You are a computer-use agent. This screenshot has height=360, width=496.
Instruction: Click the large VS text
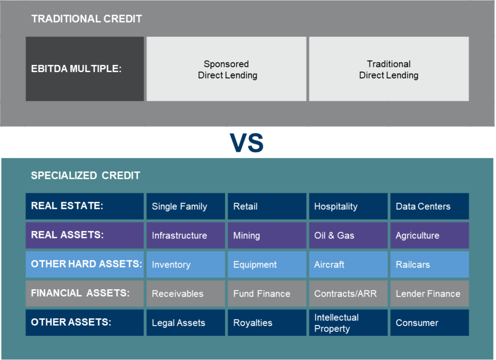coord(247,142)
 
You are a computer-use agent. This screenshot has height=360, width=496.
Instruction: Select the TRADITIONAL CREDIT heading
coord(86,19)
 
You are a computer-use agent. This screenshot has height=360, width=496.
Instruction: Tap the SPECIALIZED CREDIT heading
coord(85,175)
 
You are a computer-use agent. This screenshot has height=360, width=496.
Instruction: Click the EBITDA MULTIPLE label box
coord(85,69)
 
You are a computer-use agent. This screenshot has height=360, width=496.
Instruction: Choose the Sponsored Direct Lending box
coord(227,69)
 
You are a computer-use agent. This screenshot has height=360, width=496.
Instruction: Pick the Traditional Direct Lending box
coord(389,69)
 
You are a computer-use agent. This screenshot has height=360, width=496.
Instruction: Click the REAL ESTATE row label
coord(85,206)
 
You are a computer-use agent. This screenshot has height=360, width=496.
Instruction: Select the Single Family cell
coord(186,206)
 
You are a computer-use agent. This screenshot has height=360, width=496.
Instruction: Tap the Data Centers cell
coord(430,206)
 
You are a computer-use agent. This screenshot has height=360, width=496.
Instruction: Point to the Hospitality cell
coord(348,206)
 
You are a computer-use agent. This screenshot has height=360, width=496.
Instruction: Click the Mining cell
coord(267,235)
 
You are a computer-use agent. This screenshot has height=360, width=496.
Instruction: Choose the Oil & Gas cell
coord(348,235)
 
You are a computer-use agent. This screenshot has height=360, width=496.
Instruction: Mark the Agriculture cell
coord(430,235)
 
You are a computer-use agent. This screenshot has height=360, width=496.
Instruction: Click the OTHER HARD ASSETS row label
coord(85,265)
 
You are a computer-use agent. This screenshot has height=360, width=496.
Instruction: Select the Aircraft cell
coord(348,265)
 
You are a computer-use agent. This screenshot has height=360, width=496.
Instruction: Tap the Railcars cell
coord(430,265)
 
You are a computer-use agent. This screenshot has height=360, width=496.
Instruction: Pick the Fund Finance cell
coord(267,294)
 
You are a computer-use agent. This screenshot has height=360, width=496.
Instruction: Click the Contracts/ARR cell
coord(348,294)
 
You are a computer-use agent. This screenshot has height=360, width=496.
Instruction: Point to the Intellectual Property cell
coord(348,323)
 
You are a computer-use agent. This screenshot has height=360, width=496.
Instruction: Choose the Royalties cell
coord(267,323)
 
